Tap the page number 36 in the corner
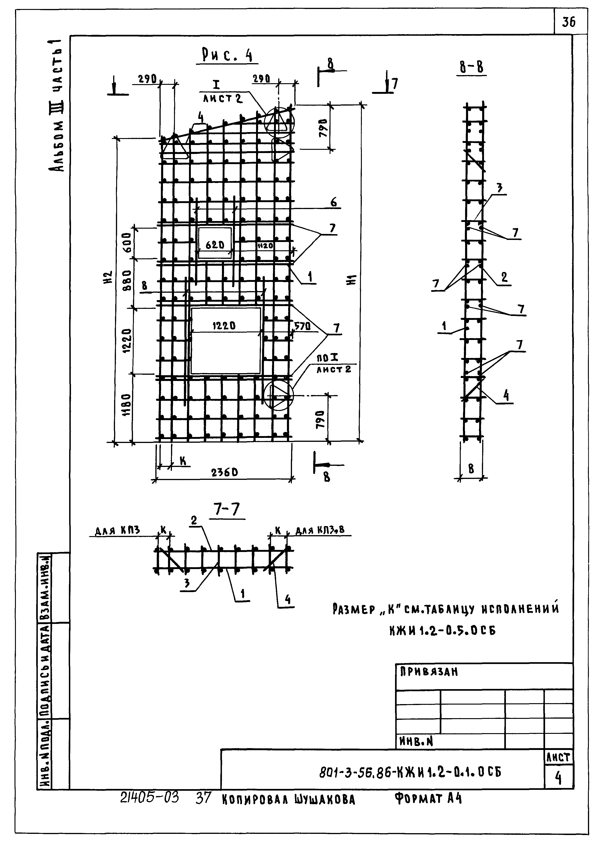coord(568,23)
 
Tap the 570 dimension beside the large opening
coord(302,326)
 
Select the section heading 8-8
coord(471,68)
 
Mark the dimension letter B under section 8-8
coord(471,469)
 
